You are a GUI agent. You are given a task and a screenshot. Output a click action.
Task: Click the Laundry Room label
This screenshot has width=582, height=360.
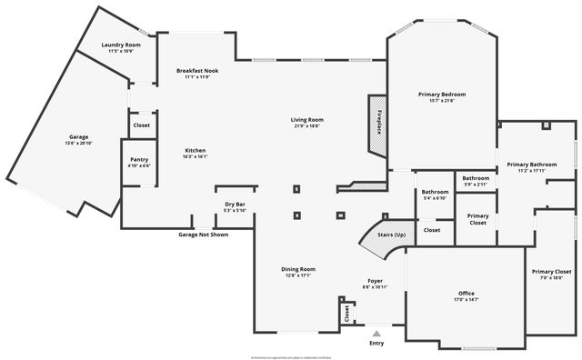click(121, 45)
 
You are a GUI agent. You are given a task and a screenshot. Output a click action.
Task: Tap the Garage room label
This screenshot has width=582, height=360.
click(79, 137)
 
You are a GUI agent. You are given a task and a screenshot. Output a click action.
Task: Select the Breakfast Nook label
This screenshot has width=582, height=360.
click(197, 70)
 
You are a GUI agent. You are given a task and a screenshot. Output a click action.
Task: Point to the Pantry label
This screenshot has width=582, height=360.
click(139, 159)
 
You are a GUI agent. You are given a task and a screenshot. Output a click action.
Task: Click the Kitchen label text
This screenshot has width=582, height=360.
click(196, 150)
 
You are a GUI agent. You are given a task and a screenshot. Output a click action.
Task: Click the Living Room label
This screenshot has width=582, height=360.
click(307, 120)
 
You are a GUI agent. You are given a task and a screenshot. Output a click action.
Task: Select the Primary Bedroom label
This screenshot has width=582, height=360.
click(442, 95)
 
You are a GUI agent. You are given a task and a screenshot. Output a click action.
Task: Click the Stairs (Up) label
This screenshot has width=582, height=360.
click(378, 235)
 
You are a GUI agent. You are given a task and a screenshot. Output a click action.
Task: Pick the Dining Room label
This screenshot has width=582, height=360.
click(297, 269)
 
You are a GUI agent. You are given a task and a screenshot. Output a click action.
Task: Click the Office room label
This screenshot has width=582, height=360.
click(467, 293)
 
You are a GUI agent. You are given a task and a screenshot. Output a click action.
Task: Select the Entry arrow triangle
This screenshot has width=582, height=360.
click(376, 334)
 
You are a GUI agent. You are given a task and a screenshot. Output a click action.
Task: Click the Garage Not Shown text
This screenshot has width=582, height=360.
click(203, 235)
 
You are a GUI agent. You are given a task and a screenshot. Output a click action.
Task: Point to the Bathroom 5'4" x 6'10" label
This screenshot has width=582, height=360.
click(435, 192)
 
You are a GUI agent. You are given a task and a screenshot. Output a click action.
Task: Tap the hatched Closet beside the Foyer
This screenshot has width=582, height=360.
click(346, 313)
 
